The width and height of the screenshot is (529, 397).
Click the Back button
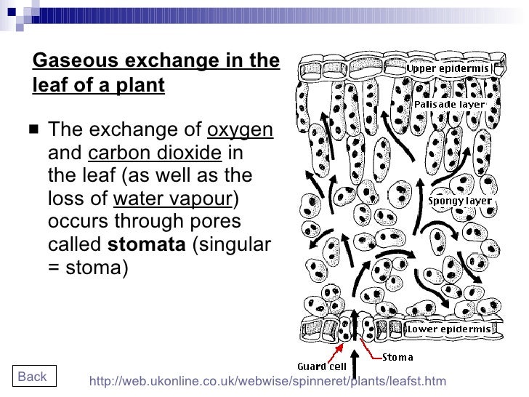point(32,376)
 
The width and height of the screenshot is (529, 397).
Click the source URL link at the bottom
point(267,381)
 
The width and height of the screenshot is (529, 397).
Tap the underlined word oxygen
point(240,131)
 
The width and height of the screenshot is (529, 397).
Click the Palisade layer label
point(449,104)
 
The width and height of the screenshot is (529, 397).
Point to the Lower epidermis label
point(449,329)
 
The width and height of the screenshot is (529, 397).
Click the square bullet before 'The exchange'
point(34,132)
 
